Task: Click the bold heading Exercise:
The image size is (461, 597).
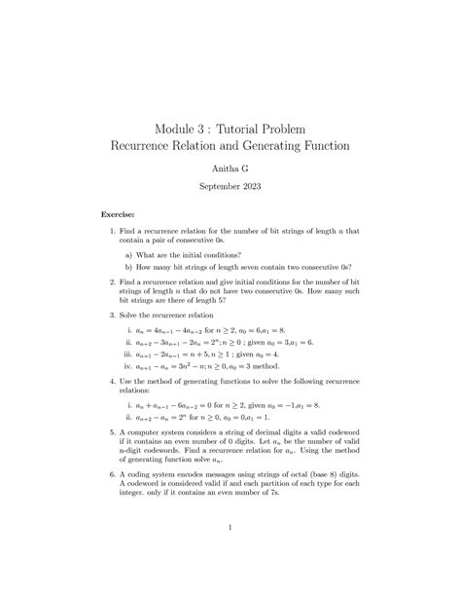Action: pyautogui.click(x=119, y=213)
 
